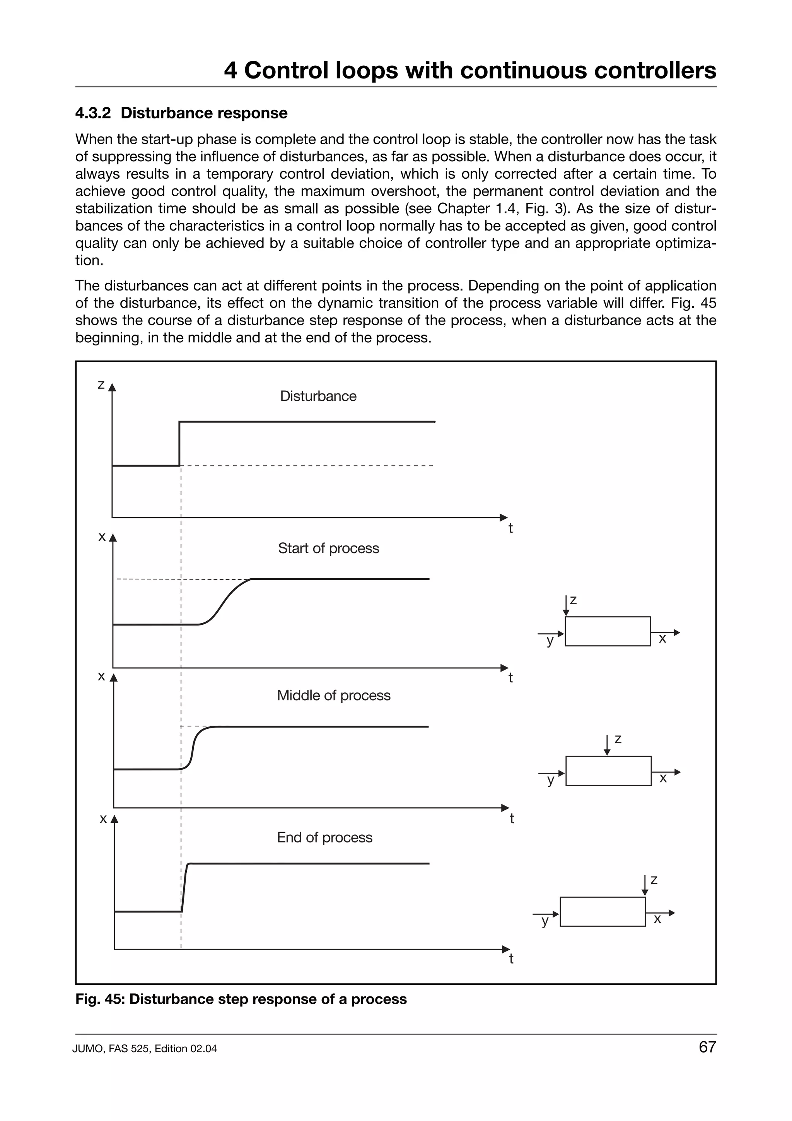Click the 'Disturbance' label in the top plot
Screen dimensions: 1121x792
(318, 396)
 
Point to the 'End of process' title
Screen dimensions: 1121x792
(324, 837)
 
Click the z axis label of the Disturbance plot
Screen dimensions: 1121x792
(101, 385)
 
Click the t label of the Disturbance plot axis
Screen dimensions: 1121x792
(510, 528)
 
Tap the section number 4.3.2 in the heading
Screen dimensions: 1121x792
(93, 113)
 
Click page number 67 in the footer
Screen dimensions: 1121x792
(707, 1060)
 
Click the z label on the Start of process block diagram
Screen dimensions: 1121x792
(574, 600)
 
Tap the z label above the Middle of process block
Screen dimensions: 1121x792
(618, 740)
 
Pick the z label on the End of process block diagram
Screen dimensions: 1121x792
(654, 880)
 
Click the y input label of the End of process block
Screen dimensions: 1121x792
(544, 921)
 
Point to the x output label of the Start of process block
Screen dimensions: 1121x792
(662, 639)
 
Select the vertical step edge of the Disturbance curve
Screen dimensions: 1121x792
(179, 443)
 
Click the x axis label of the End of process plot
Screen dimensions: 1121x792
(103, 819)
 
